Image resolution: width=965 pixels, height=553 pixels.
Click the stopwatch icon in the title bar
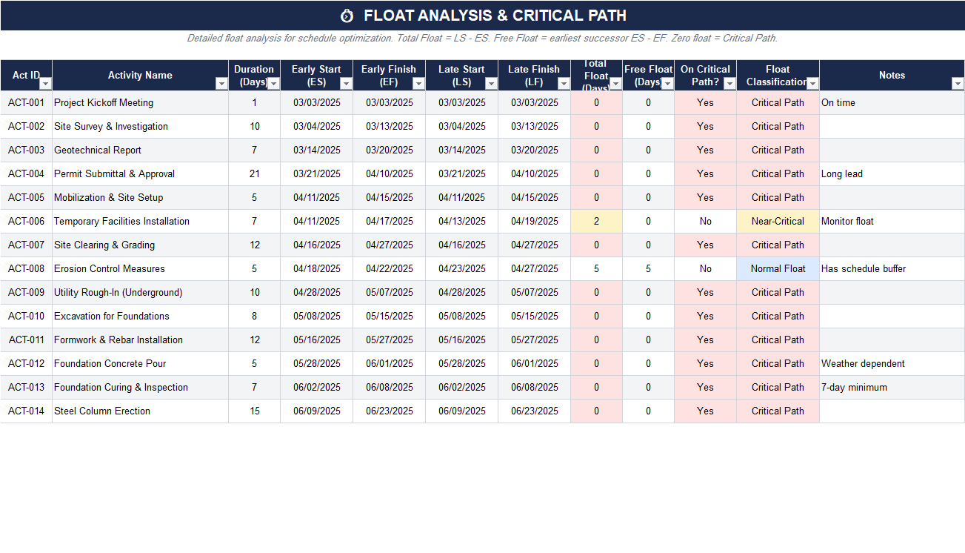[347, 16]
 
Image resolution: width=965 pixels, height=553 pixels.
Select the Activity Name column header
[140, 75]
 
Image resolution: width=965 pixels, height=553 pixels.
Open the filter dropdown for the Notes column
[957, 84]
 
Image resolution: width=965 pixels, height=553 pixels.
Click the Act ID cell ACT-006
[27, 221]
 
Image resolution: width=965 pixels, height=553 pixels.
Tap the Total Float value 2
[596, 221]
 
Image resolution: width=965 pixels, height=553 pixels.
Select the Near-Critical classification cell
[778, 221]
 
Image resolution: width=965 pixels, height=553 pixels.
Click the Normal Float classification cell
[778, 268]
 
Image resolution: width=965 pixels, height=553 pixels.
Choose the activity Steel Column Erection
[102, 411]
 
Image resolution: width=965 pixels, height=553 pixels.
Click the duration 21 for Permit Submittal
[254, 173]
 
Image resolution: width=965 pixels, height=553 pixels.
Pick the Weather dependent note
[863, 363]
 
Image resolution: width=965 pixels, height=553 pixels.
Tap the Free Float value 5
[648, 268]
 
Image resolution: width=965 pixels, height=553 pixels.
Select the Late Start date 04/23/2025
[461, 268]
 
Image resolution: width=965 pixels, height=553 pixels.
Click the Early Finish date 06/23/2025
[389, 411]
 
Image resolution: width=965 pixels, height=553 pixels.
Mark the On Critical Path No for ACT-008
[705, 268]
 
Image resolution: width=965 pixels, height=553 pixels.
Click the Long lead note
[842, 173]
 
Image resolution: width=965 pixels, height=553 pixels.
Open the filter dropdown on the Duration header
[273, 84]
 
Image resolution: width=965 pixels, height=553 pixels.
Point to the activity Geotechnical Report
[98, 150]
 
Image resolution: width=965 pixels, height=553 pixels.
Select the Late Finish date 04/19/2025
[534, 221]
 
